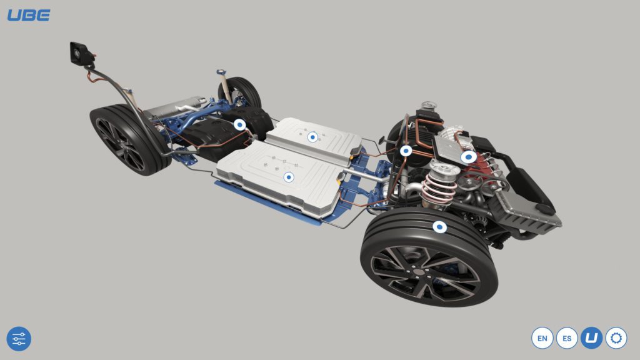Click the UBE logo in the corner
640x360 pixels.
pyautogui.click(x=29, y=16)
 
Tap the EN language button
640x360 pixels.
pyautogui.click(x=542, y=338)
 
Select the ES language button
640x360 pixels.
pyautogui.click(x=567, y=338)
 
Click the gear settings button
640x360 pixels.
pyautogui.click(x=616, y=338)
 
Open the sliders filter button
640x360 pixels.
pyautogui.click(x=19, y=339)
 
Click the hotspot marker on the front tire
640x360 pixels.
pyautogui.click(x=439, y=226)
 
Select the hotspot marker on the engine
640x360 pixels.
pyautogui.click(x=469, y=157)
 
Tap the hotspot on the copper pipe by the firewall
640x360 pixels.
pyautogui.click(x=406, y=151)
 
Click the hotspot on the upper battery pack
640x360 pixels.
pyautogui.click(x=312, y=137)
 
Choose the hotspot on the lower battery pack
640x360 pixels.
pyautogui.click(x=289, y=177)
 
